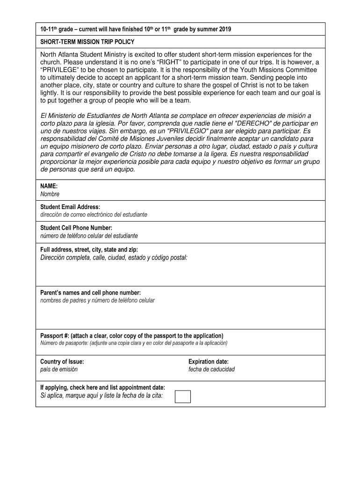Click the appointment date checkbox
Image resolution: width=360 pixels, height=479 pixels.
(182, 396)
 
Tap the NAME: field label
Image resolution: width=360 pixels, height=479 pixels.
(49, 186)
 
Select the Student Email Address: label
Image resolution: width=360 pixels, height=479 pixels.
(70, 207)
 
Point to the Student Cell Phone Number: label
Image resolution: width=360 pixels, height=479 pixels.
(76, 228)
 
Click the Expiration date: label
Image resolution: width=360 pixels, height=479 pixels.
(209, 362)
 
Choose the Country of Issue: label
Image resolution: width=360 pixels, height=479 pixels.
(62, 362)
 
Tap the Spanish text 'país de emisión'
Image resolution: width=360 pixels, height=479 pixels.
(59, 370)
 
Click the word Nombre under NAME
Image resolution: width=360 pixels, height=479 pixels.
(50, 194)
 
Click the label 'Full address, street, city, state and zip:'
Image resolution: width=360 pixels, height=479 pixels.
(89, 250)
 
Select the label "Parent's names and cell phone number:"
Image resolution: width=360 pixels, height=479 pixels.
(90, 293)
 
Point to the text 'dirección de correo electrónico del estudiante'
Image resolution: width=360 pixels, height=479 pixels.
(94, 215)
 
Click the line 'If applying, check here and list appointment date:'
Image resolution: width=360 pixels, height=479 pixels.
(102, 388)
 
